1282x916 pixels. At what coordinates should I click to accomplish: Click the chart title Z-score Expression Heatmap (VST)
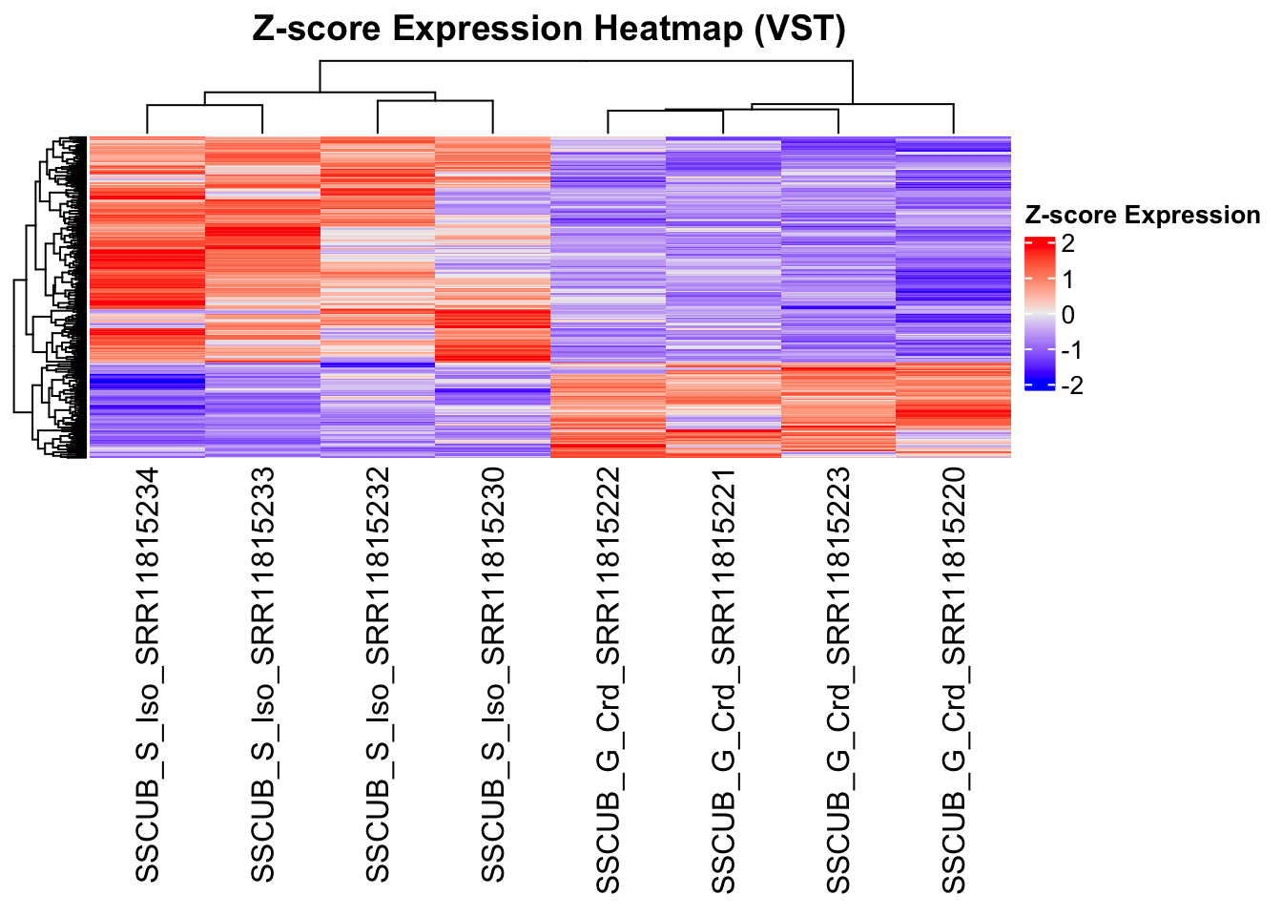[548, 29]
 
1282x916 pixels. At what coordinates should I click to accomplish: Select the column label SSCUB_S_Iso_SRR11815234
[147, 676]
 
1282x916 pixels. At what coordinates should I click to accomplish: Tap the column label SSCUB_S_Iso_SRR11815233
[262, 676]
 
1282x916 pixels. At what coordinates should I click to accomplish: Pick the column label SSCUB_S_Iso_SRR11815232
[378, 676]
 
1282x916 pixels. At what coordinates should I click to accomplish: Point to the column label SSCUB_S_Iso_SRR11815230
[492, 676]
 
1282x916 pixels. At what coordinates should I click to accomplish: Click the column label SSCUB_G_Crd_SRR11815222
[608, 681]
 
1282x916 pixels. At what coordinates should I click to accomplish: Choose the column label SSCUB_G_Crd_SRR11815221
[723, 681]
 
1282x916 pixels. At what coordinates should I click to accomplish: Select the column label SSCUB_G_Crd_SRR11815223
[838, 681]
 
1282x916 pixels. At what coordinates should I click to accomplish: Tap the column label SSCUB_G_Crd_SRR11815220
[954, 681]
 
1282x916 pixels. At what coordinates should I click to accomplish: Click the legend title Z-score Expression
[1143, 216]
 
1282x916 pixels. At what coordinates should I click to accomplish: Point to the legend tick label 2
[1067, 244]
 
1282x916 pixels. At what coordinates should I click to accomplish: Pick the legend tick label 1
[1067, 280]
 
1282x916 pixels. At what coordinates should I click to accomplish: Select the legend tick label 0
[1067, 315]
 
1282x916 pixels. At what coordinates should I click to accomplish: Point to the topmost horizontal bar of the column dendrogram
[587, 62]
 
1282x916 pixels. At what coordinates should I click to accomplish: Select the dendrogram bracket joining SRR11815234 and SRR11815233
[204, 106]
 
